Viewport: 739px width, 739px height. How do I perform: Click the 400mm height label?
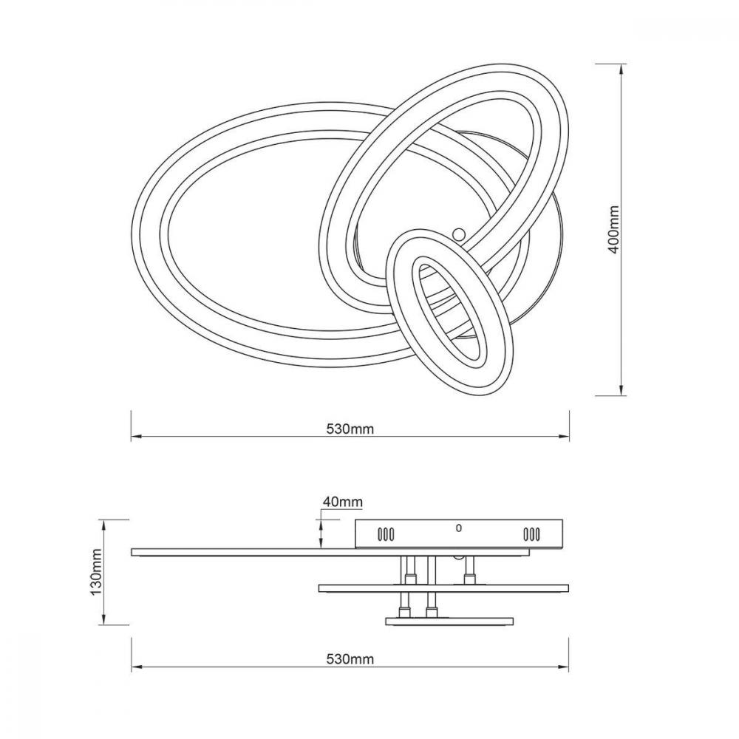click(x=613, y=230)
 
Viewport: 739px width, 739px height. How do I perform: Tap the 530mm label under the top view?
click(x=350, y=429)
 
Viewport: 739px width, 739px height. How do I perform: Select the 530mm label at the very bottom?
click(x=350, y=659)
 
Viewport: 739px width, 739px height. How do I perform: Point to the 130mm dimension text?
click(x=97, y=572)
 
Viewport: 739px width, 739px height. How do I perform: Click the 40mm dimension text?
click(x=343, y=503)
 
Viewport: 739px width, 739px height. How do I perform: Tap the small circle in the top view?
click(x=458, y=233)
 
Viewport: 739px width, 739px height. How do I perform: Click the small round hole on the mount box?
click(x=459, y=528)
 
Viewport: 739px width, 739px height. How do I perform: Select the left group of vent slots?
click(x=386, y=534)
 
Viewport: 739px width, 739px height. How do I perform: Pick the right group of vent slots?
click(x=531, y=534)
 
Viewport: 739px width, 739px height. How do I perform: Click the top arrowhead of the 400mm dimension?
click(x=622, y=69)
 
